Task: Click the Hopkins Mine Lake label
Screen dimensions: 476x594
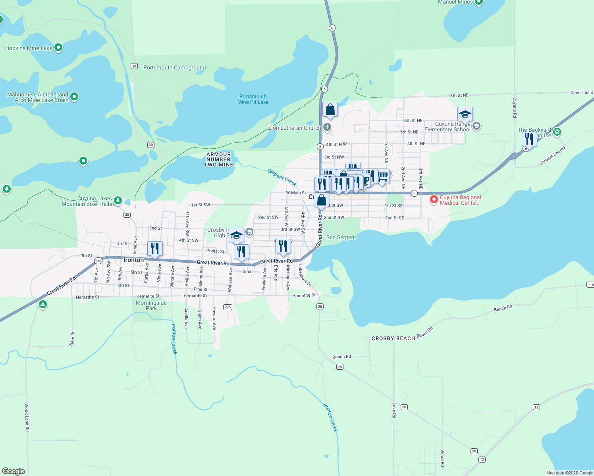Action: click(29, 48)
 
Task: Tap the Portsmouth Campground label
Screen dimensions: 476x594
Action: click(174, 67)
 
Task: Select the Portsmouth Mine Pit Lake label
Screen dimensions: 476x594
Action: click(253, 99)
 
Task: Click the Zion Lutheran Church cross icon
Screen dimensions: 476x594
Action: click(327, 127)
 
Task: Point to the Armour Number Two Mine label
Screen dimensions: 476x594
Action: click(218, 159)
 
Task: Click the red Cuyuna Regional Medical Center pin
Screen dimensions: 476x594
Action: click(434, 199)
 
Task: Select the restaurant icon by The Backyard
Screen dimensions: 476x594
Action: click(529, 139)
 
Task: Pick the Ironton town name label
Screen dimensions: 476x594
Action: click(134, 260)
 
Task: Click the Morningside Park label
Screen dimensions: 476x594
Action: click(151, 305)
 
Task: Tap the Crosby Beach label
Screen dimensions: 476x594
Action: click(393, 338)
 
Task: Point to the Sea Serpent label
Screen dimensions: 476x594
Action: click(341, 237)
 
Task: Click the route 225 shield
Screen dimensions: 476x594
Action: click(228, 307)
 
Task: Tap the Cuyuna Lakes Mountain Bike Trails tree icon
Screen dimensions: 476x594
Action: click(118, 201)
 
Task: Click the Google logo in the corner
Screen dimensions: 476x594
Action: click(13, 471)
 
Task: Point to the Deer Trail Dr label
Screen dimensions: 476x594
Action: click(582, 92)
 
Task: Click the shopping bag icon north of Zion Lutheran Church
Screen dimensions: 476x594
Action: click(330, 110)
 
